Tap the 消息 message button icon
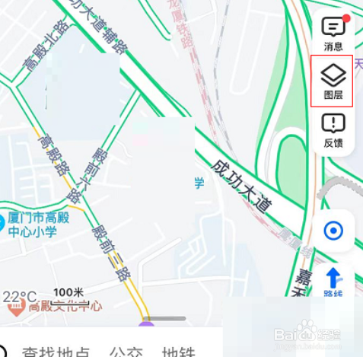click(333, 28)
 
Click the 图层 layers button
click(333, 75)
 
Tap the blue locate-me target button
click(333, 230)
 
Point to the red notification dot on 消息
click(346, 18)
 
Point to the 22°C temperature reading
click(19, 295)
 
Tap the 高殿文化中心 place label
click(65, 306)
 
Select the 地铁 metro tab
click(179, 352)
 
